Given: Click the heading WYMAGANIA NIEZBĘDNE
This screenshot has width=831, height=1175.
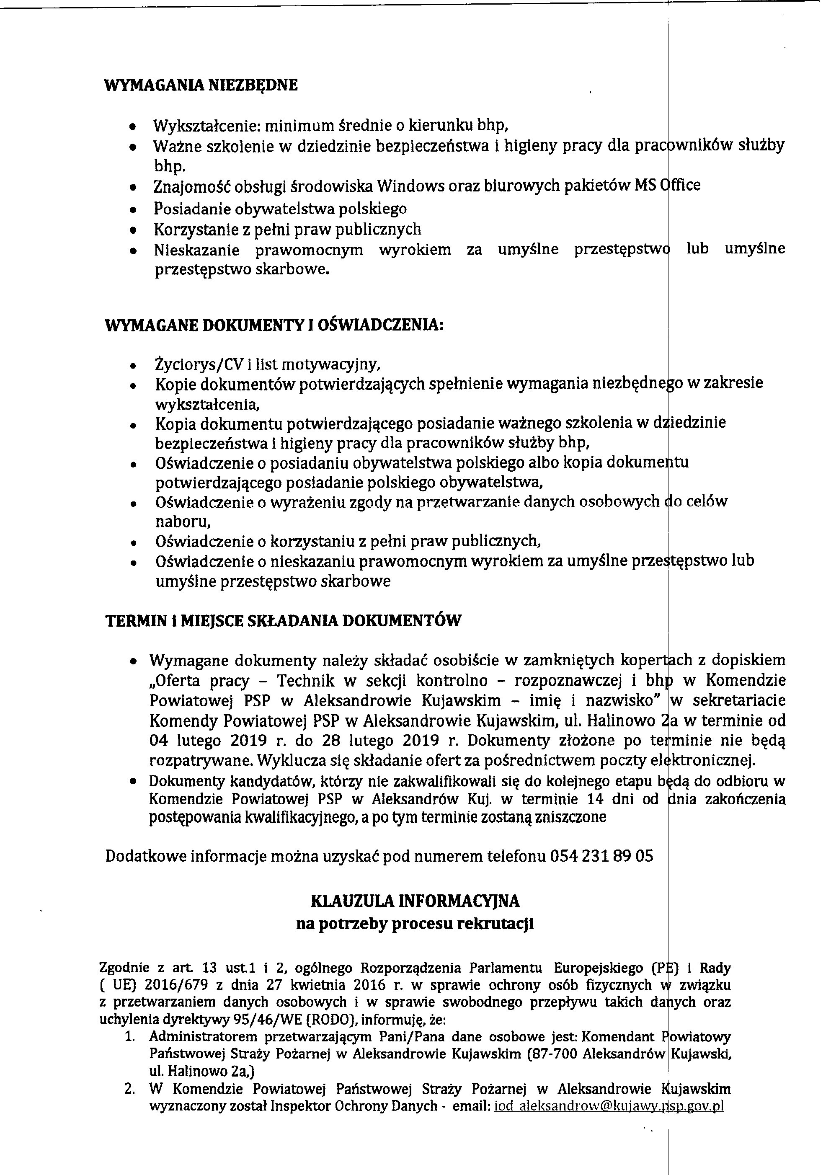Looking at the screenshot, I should tap(201, 85).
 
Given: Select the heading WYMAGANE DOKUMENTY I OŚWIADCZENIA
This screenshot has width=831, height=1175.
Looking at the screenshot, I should tap(274, 325).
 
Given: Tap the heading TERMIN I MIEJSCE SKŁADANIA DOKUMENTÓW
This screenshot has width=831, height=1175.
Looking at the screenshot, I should tap(283, 621).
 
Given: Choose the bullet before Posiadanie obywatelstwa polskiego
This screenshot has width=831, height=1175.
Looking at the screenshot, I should tap(134, 209).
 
